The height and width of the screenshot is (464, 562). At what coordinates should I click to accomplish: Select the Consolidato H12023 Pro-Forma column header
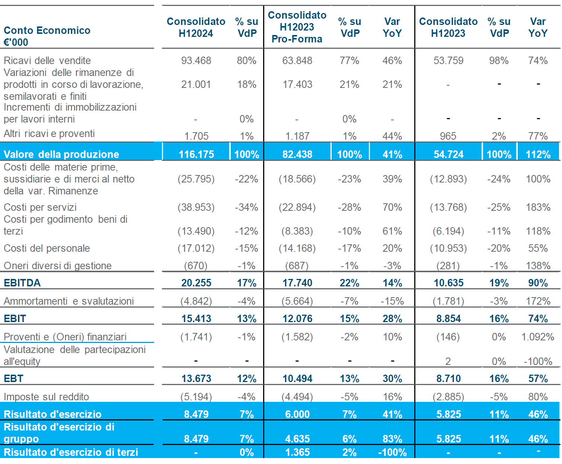coord(297,27)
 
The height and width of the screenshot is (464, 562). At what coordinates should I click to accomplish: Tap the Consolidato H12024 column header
coord(196,27)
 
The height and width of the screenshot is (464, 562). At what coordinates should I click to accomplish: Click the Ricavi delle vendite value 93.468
coord(196,60)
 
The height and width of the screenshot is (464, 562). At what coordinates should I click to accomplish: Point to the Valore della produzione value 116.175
coord(196,154)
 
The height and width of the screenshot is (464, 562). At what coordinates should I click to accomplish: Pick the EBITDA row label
coord(22,283)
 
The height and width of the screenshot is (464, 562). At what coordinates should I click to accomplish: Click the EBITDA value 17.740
coord(297,283)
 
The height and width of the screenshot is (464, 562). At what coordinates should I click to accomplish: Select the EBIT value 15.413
coord(196,319)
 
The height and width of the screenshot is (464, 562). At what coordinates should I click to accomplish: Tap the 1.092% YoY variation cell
coord(537,337)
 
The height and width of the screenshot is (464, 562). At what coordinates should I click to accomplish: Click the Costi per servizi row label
coord(40,207)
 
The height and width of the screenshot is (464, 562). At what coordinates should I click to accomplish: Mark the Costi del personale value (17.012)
coord(196,248)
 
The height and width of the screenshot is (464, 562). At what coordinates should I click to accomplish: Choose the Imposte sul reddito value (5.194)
coord(196,397)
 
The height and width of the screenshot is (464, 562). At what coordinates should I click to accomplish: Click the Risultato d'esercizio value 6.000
coord(297,414)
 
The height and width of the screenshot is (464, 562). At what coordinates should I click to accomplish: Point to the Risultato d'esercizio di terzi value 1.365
coord(297,452)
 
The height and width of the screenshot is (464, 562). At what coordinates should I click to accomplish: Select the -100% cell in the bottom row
coord(392,452)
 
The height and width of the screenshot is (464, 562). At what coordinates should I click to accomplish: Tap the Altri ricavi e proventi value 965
coord(448,136)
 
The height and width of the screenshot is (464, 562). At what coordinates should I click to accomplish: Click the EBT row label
coord(13,379)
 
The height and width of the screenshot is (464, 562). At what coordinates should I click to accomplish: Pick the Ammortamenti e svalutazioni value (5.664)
coord(297,301)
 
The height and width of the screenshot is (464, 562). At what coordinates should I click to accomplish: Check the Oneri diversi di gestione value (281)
coord(448,266)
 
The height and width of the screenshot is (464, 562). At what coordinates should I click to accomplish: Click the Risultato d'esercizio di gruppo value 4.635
coord(297,439)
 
